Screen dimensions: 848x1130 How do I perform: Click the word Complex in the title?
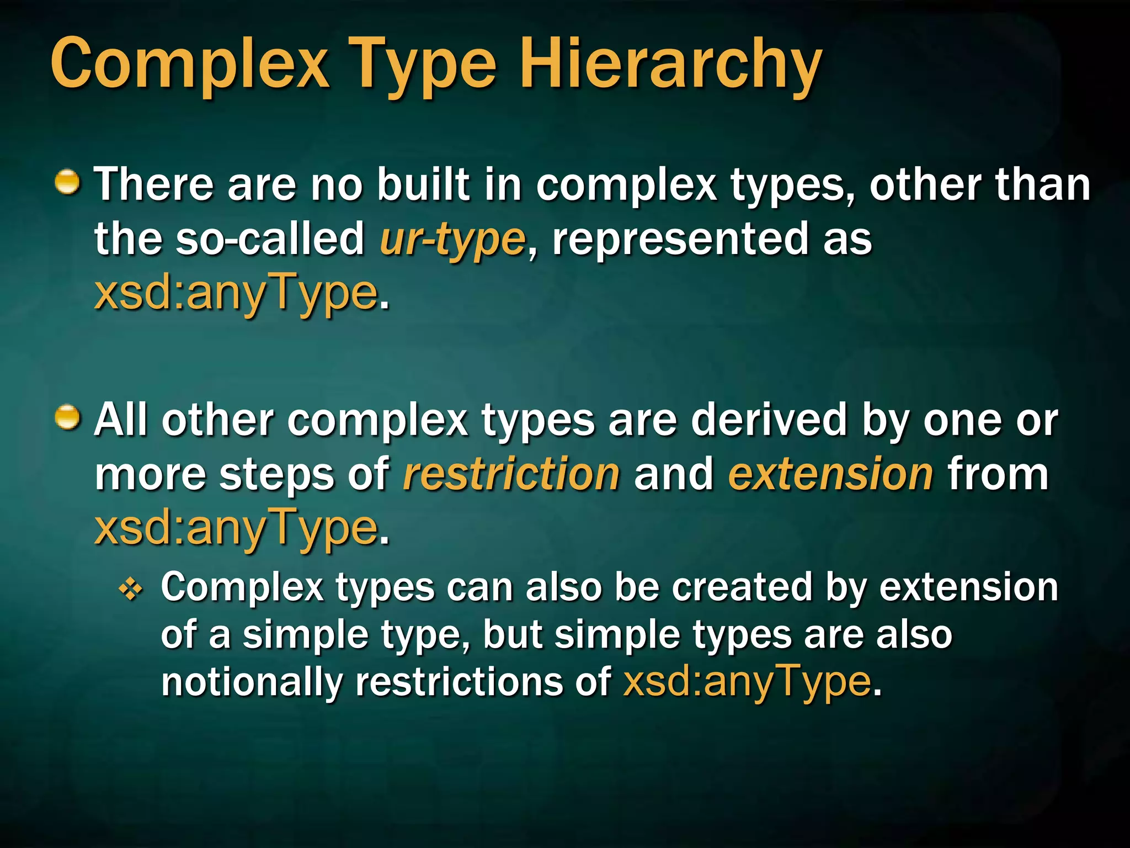tap(189, 63)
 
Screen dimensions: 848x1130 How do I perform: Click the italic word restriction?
tap(511, 475)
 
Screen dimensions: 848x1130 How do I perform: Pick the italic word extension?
tap(830, 475)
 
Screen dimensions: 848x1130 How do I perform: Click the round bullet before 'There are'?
tap(68, 183)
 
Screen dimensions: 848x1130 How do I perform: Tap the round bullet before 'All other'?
tap(68, 417)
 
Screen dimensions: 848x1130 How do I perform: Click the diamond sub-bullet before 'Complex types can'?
tap(131, 591)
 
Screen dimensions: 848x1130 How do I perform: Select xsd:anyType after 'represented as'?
tap(236, 294)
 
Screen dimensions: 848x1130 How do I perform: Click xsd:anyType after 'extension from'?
tap(236, 529)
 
